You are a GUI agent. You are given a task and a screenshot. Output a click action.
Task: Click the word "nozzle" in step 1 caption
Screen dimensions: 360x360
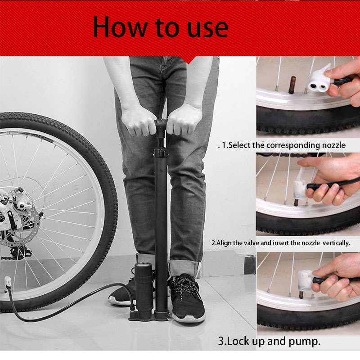pos(332,145)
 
